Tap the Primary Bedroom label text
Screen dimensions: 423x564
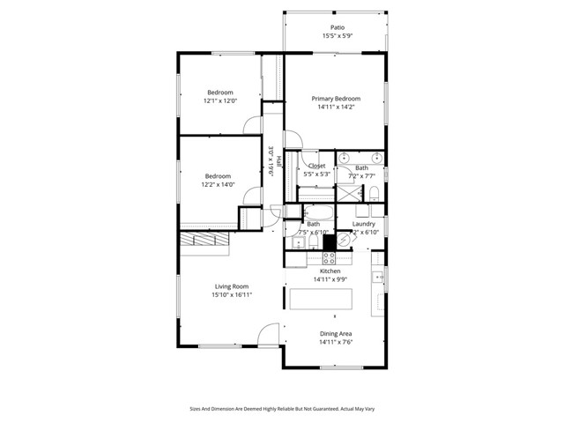pos(336,99)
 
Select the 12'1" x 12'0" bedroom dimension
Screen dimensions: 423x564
pos(220,100)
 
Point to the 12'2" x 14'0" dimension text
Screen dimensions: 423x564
pos(218,184)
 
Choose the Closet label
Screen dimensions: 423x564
pos(316,166)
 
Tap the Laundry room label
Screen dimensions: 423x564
pos(365,224)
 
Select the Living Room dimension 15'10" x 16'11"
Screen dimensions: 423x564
pos(232,294)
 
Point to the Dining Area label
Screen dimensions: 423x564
pos(336,334)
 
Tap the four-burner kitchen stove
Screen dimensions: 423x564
pos(330,258)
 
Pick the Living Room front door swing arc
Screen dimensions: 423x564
pos(269,335)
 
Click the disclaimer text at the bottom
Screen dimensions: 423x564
pos(282,408)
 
